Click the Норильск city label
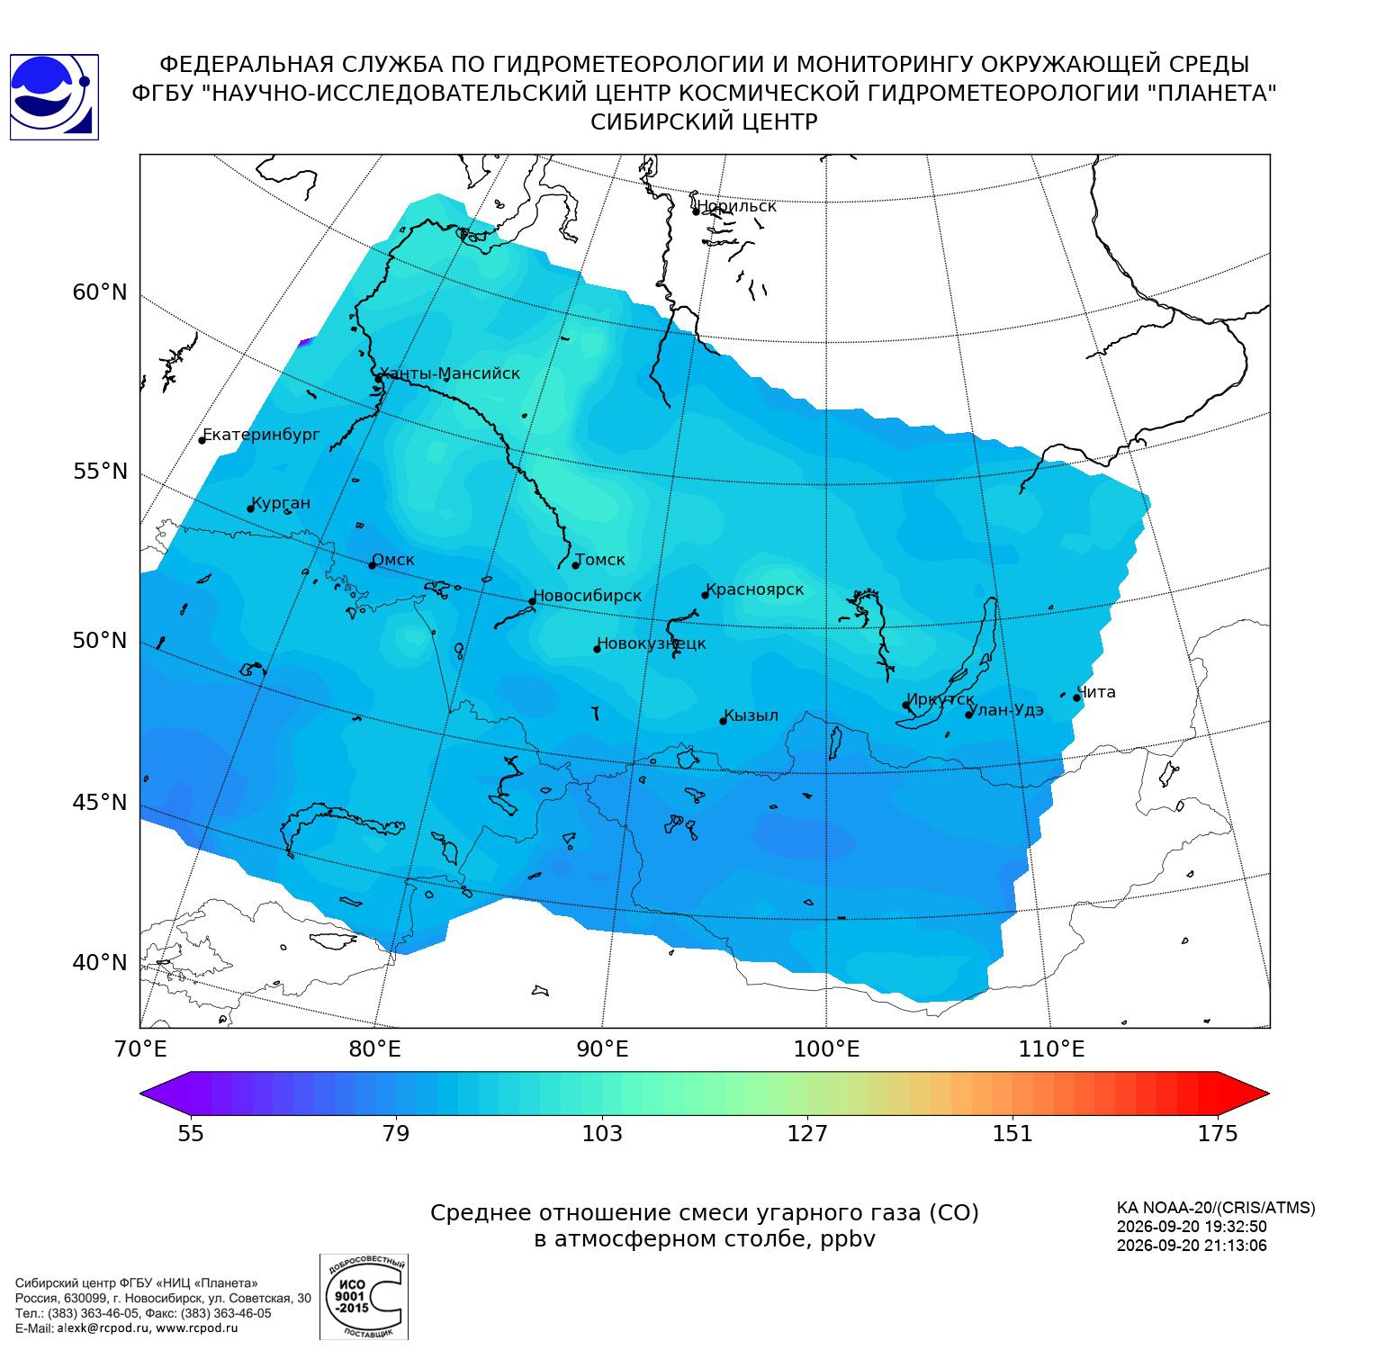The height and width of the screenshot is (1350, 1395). (x=736, y=206)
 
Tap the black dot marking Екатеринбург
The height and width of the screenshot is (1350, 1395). (x=202, y=440)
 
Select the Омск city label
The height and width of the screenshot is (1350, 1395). (x=393, y=560)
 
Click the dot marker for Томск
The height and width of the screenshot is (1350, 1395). (x=576, y=565)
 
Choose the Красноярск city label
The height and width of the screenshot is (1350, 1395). (x=755, y=589)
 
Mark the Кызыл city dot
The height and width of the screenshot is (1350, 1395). (x=723, y=721)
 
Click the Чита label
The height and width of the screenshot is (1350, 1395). (x=1096, y=692)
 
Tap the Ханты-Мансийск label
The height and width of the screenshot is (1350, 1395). (x=450, y=373)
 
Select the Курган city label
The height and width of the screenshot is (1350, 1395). (x=281, y=503)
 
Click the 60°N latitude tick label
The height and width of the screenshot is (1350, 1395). (x=100, y=292)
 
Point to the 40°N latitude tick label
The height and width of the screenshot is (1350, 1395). (x=100, y=963)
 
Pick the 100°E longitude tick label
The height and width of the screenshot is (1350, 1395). (x=826, y=1048)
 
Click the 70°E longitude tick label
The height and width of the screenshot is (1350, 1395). (x=140, y=1048)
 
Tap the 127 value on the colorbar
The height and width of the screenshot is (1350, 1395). (x=807, y=1133)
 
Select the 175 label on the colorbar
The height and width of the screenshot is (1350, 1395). (x=1218, y=1133)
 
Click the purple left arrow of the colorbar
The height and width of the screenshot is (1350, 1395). (x=166, y=1093)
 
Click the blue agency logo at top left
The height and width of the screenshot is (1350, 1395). (x=54, y=97)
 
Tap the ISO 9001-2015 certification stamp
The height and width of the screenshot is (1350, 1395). (x=364, y=1297)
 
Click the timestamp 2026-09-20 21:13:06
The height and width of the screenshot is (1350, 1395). (x=1192, y=1246)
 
